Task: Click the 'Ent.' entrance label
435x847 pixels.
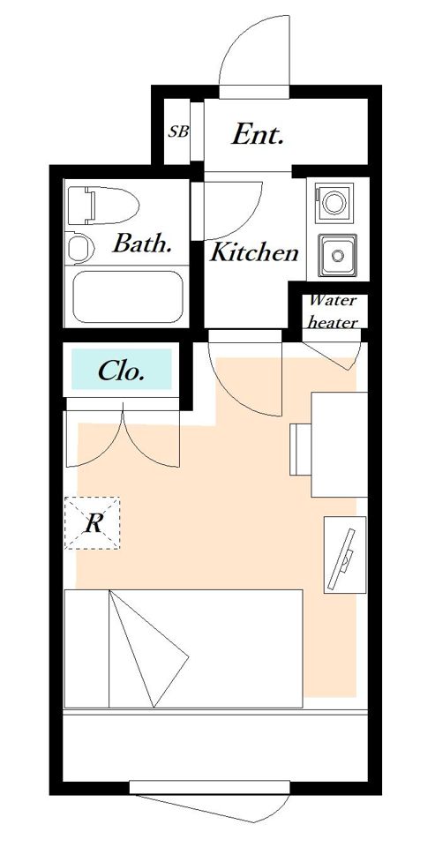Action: pos(258,135)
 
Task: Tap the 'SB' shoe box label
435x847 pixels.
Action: pos(178,131)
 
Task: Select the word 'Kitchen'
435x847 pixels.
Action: pos(254,252)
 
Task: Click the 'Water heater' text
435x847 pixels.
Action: pos(333,311)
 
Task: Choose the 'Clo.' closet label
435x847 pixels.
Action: pos(121,371)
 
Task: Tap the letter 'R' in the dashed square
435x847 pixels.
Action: pos(93,523)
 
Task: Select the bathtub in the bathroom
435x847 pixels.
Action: pos(128,296)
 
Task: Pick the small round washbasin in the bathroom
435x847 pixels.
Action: pos(81,247)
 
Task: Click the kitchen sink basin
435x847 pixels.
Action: pos(338,254)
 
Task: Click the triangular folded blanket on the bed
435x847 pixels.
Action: pos(149,648)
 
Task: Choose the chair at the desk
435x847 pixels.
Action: pos(300,449)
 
